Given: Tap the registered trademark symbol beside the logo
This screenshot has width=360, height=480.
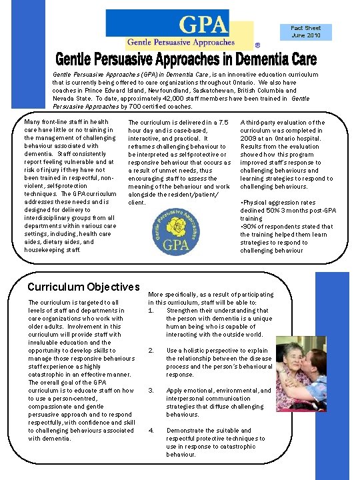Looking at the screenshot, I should coord(257,46).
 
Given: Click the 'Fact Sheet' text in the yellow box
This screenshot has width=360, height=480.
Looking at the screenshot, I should coord(305,28).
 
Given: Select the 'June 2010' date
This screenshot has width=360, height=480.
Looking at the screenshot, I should coord(305,35).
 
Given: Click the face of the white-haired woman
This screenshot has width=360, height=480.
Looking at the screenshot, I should coord(293,361).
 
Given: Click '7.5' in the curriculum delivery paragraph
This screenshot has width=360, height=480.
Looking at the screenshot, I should coord(223,123).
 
